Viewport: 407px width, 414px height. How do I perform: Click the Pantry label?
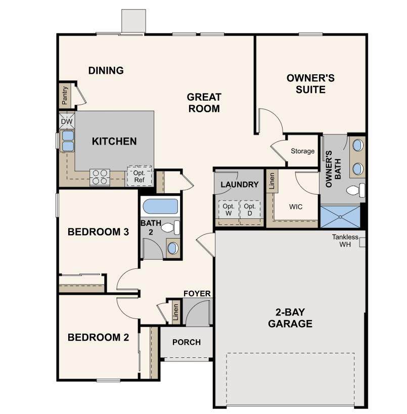[65, 95]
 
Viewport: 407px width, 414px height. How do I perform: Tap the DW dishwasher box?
[67, 121]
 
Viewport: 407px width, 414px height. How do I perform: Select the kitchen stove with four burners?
[100, 177]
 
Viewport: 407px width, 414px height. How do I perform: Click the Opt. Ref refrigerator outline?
[139, 176]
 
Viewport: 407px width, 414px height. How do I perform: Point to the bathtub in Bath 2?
[160, 206]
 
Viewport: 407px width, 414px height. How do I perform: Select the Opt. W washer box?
[229, 210]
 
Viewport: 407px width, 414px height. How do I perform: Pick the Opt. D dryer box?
[250, 210]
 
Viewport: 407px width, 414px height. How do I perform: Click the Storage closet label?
[303, 151]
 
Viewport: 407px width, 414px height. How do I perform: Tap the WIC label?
[296, 207]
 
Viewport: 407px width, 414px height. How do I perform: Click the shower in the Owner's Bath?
[340, 216]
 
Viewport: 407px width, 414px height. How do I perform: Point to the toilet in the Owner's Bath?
[355, 190]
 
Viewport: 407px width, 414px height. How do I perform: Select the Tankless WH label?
[345, 241]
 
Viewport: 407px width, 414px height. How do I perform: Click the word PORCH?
[187, 342]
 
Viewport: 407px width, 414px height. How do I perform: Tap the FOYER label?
[197, 294]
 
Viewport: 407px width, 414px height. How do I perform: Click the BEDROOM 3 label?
[98, 232]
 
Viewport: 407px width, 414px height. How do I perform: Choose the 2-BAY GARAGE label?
[290, 318]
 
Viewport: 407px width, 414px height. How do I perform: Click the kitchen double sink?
[68, 141]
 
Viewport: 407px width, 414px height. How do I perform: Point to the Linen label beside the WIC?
[272, 181]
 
